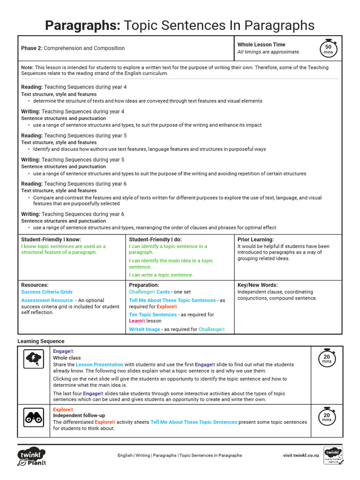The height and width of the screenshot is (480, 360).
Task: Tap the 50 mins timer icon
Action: pos(328,48)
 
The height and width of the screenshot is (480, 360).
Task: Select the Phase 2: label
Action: pos(31,48)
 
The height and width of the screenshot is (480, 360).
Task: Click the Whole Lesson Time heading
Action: pos(261,45)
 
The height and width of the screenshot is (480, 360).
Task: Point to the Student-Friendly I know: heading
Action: pos(51,240)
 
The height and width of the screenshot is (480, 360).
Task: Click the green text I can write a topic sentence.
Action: pos(161,275)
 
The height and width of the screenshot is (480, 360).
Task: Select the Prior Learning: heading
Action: pos(255,240)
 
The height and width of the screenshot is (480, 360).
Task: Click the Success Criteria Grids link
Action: pos(47,292)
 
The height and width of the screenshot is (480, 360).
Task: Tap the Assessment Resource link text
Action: pos(47,300)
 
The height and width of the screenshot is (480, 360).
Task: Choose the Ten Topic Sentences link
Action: pos(153,315)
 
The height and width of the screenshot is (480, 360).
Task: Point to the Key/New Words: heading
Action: pos(257,285)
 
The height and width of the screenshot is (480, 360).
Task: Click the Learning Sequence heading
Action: pos(41,341)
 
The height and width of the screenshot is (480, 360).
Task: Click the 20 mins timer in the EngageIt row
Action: pos(327,358)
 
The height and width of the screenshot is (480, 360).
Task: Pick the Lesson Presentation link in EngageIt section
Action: pos(100,365)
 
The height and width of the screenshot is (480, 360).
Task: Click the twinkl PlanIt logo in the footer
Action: pos(31,457)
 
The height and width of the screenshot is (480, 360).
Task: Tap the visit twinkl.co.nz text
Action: pos(301,455)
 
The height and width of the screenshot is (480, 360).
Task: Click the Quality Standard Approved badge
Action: pos(333,456)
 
